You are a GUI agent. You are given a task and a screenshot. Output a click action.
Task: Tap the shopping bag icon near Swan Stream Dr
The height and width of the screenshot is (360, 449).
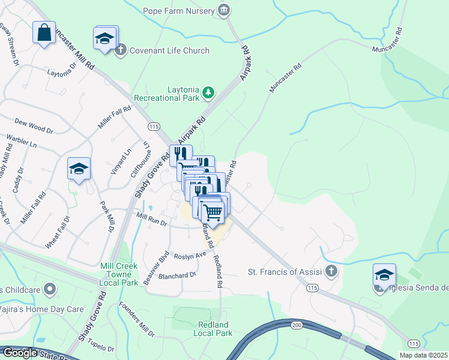tap(44, 32)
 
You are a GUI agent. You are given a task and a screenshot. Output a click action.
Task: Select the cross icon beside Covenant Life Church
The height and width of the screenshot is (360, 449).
tap(120, 50)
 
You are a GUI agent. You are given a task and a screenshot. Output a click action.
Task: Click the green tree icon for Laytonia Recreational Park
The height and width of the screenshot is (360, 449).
tap(208, 92)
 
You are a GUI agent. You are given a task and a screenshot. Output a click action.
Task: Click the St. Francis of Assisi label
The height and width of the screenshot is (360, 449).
tap(285, 272)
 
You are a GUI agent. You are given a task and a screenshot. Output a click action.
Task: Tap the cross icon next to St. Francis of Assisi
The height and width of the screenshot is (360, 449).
tap(331, 271)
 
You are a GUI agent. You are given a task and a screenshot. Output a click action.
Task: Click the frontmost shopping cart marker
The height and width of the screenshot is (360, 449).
tap(212, 211)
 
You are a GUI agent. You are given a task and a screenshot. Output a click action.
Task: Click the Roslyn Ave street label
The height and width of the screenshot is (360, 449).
tap(190, 254)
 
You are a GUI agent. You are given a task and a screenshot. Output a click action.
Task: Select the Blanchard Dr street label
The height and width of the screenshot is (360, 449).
tap(177, 275)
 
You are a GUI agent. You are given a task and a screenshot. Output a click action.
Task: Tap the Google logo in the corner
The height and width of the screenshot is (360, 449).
tap(19, 353)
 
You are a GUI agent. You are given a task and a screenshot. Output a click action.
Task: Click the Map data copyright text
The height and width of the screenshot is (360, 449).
tap(423, 355)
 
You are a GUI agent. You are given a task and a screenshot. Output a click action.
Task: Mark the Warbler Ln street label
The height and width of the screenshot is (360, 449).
tap(22, 141)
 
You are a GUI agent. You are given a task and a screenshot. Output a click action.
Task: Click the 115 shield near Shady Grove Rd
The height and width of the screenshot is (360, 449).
tap(154, 127)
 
